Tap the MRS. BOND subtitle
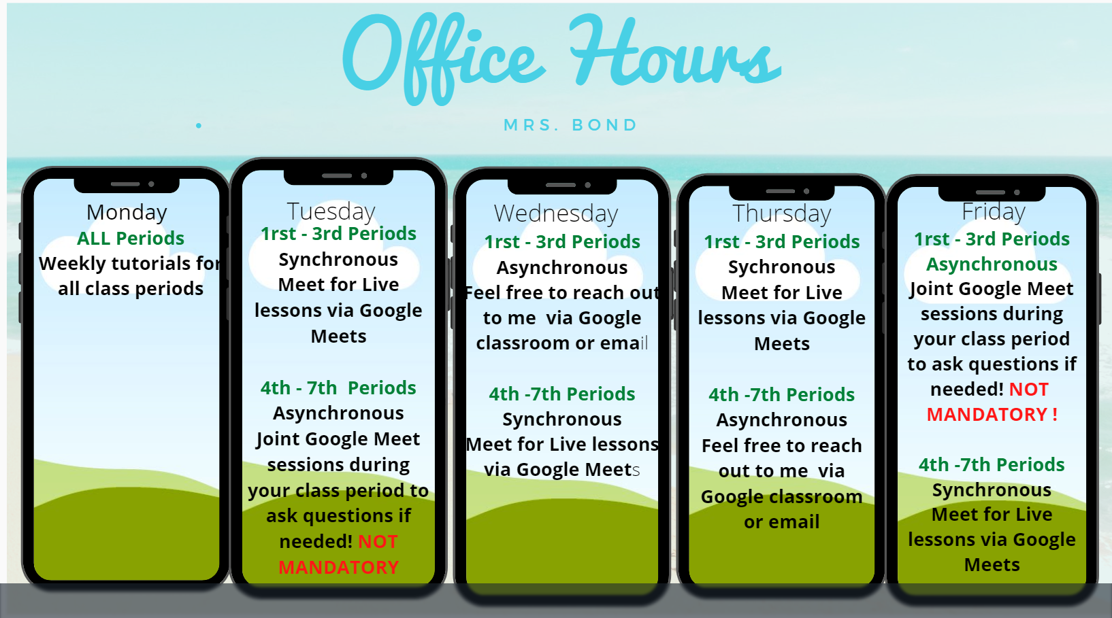tap(570, 125)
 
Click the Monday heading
tap(127, 213)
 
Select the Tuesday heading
tap(331, 212)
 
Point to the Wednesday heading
tap(556, 213)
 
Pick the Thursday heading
tap(781, 213)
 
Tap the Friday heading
tap(994, 212)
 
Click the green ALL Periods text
tap(131, 239)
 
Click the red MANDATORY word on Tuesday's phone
tap(338, 568)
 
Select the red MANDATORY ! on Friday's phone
tap(992, 415)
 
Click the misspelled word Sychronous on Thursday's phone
tap(781, 268)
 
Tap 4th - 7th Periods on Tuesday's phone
tap(338, 388)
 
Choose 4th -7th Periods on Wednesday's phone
tap(562, 394)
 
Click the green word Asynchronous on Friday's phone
tap(992, 265)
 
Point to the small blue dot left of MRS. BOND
tap(199, 126)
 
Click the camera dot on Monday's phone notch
tap(151, 184)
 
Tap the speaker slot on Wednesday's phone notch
tap(561, 185)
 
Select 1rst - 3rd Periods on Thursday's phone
tap(782, 242)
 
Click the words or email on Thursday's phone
tap(781, 521)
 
